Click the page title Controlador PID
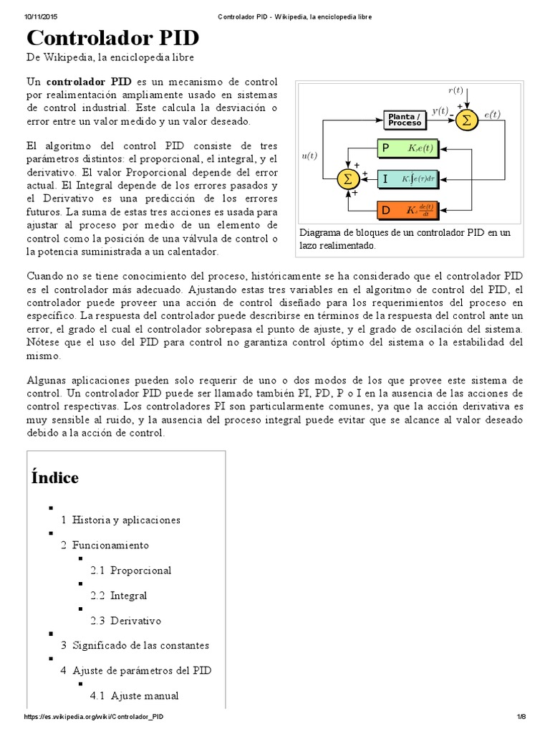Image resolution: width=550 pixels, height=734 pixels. click(113, 38)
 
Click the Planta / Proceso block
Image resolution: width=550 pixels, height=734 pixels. click(405, 120)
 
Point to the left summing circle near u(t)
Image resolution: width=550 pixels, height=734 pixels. click(349, 178)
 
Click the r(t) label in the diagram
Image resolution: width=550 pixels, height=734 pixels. click(455, 90)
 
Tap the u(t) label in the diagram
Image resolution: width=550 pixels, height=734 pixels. click(310, 155)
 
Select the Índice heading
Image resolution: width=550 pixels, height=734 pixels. click(55, 477)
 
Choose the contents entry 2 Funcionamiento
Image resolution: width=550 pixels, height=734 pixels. click(105, 545)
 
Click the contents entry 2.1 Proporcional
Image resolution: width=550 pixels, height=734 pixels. click(130, 571)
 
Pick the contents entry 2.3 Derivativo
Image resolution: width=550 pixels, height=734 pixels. click(125, 621)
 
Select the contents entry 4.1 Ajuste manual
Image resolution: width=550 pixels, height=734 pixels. click(134, 695)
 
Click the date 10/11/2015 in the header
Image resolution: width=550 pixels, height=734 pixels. click(41, 16)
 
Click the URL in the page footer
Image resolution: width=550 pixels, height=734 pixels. click(98, 717)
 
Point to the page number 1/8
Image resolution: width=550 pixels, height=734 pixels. click(521, 717)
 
